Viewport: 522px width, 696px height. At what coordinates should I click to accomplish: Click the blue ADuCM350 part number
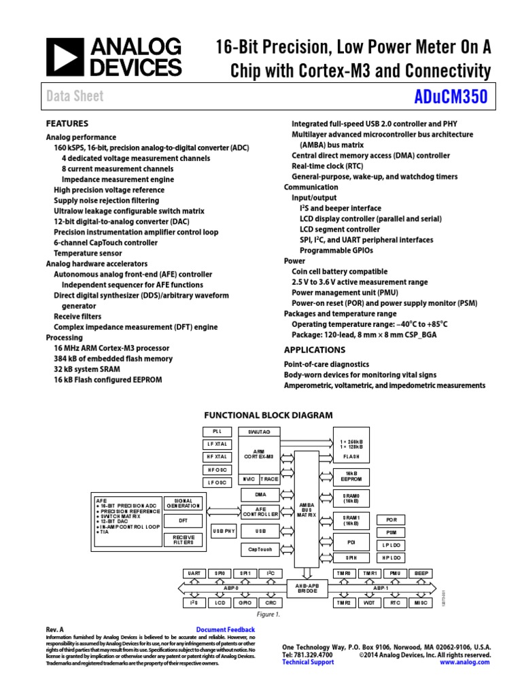pos(450,97)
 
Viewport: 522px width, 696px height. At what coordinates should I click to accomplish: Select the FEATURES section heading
pos(67,124)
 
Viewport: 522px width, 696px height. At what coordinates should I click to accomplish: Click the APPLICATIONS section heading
pos(314,350)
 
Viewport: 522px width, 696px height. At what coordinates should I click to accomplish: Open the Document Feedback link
pos(225,630)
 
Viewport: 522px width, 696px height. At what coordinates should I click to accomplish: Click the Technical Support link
pos(308,662)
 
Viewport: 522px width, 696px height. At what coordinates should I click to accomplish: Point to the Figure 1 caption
pos(268,614)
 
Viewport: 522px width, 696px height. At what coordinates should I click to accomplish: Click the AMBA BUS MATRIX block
pos(307,510)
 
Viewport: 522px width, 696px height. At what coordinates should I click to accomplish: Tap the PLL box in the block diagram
pos(217,432)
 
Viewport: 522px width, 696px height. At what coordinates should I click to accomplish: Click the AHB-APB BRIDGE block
pos(307,587)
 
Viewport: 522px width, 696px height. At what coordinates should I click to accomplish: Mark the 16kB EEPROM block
pos(351,476)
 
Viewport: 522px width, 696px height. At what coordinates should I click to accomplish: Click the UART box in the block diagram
pos(194,574)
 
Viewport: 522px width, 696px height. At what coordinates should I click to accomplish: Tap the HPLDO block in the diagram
pos(391,557)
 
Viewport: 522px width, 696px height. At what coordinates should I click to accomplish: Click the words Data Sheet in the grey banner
pos(75,97)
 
